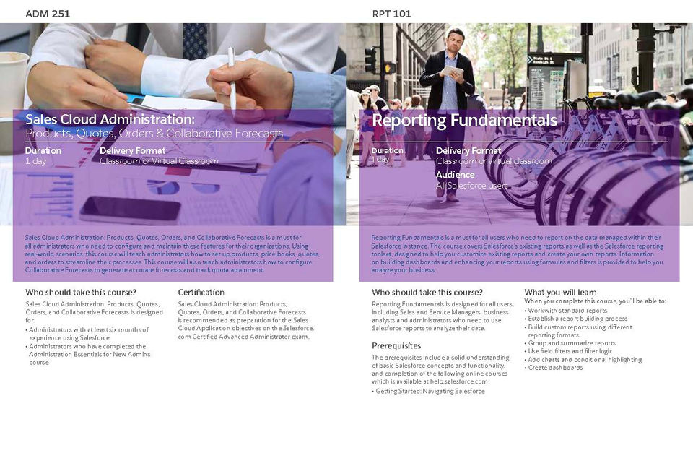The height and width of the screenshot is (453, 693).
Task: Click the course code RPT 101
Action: click(x=392, y=13)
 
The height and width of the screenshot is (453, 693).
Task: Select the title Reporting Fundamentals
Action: click(x=464, y=120)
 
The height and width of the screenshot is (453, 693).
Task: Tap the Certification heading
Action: click(x=201, y=292)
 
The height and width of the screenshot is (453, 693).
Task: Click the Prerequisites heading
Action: click(x=396, y=345)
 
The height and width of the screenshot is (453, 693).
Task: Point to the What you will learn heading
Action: click(x=560, y=292)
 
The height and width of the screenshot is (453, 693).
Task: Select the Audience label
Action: click(x=455, y=175)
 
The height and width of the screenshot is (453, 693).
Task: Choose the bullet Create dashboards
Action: click(x=555, y=367)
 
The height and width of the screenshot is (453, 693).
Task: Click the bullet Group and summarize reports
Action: click(x=571, y=343)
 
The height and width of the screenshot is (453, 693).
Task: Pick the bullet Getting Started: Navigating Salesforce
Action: click(x=429, y=391)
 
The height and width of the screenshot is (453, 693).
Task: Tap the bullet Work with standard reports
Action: click(x=567, y=310)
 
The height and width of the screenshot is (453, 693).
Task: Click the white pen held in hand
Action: click(x=232, y=72)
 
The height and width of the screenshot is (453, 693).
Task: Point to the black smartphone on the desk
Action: click(x=130, y=210)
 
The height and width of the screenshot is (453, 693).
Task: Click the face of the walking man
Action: click(x=455, y=40)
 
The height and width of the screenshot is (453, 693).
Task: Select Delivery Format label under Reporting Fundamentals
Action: click(x=468, y=150)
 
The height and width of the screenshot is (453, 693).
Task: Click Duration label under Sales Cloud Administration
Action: click(x=43, y=150)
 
